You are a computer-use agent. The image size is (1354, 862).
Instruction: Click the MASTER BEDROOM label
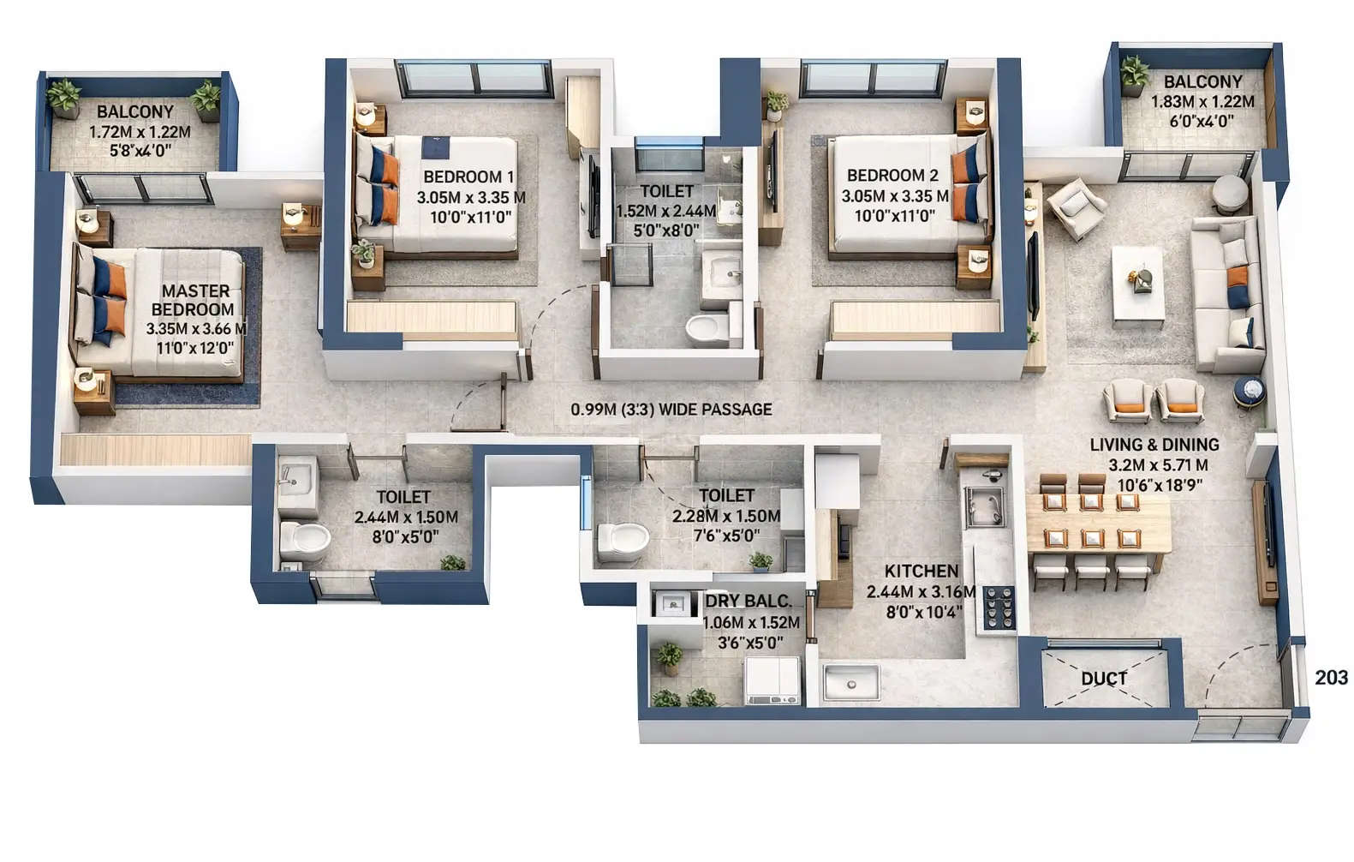(x=196, y=300)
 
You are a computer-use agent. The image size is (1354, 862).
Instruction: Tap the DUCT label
(x=1103, y=679)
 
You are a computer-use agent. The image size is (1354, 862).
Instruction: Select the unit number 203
(x=1331, y=678)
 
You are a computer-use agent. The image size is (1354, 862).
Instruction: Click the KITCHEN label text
(x=921, y=572)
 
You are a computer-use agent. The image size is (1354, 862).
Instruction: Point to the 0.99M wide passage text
(x=671, y=410)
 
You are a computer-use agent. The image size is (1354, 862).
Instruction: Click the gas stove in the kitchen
(x=998, y=609)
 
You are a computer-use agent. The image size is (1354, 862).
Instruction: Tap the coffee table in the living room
(x=1137, y=284)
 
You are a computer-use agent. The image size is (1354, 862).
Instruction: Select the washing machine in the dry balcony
(x=772, y=681)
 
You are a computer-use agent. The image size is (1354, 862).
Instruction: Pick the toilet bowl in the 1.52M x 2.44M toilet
(x=708, y=329)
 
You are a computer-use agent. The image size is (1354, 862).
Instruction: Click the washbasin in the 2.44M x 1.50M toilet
(x=295, y=476)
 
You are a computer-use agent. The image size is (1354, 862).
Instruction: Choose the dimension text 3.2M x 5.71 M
(x=1158, y=465)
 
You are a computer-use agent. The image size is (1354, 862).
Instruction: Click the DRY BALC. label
(x=749, y=601)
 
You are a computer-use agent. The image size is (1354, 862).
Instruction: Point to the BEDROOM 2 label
(x=892, y=176)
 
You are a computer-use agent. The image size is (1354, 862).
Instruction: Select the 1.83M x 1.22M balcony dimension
(x=1202, y=101)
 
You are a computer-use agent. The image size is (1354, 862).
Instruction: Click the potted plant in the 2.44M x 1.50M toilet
(x=452, y=562)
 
